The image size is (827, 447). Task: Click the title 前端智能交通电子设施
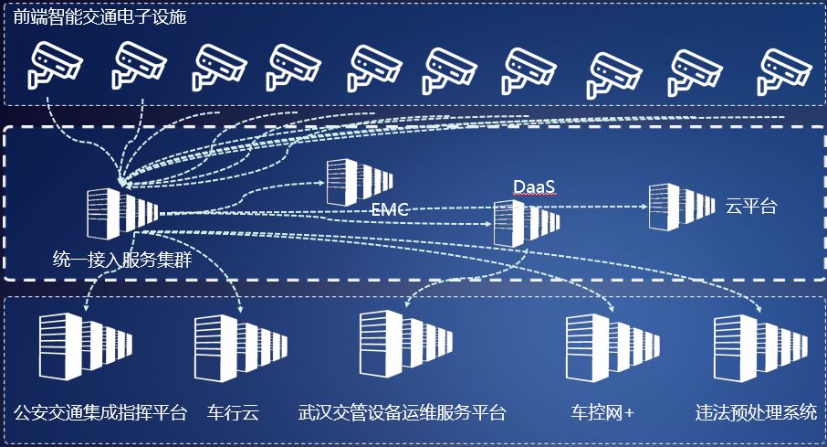point(99,17)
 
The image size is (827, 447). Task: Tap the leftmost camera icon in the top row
point(55,66)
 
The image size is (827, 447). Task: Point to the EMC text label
point(389,210)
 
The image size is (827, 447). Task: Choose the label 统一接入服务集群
point(121,260)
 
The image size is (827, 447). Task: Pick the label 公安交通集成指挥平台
point(100,412)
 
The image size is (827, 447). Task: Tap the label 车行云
point(233,412)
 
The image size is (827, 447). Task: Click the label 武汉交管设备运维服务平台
point(402,412)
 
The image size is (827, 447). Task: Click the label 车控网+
point(602,412)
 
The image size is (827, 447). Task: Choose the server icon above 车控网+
point(612,348)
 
